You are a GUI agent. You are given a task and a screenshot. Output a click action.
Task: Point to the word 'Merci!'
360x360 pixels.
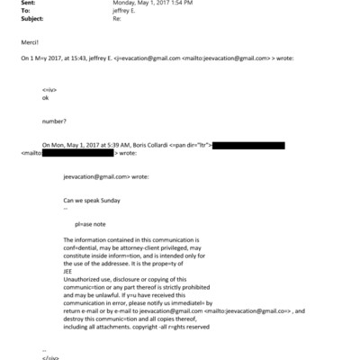[x=30, y=41]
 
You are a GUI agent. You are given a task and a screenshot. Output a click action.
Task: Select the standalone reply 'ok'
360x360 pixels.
[x=46, y=100]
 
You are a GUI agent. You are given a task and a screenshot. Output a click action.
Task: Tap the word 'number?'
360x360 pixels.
[x=54, y=120]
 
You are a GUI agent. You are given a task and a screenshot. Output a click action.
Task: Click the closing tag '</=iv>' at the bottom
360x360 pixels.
[x=50, y=356]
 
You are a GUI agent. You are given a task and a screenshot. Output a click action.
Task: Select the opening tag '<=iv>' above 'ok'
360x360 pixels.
[x=49, y=92]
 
